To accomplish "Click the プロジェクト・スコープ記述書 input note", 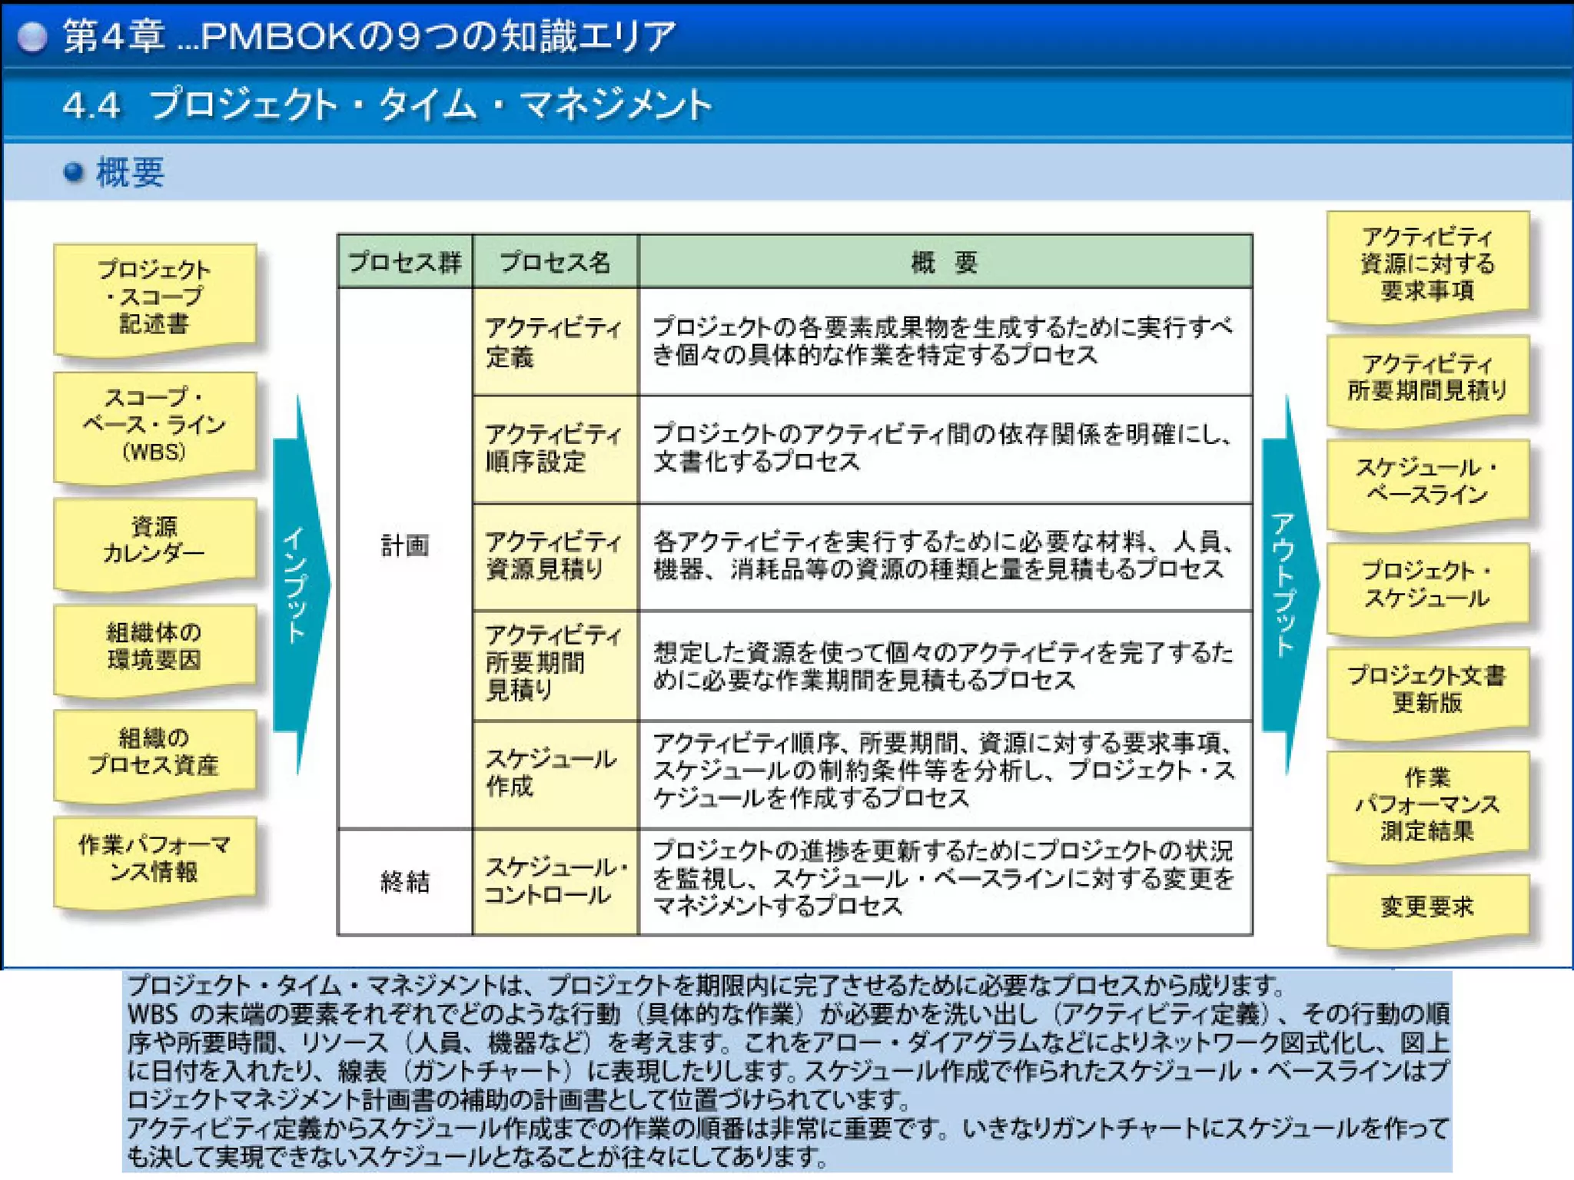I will point(154,297).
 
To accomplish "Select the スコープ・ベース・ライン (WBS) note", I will point(154,425).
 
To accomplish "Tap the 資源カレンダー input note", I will point(154,541).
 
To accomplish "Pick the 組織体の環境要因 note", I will point(154,647).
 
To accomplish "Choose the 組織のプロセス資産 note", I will point(154,753).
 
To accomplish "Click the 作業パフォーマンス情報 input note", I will point(154,859).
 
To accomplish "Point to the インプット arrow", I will point(300,584).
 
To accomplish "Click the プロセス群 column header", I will point(405,263).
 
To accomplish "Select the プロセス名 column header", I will point(555,263).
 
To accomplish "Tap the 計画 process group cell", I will point(405,546).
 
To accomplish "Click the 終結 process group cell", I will point(405,882).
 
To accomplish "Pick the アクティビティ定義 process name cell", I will point(555,343).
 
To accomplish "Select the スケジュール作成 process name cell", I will point(555,774).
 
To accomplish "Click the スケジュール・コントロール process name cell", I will point(555,882).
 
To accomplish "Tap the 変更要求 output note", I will point(1427,907).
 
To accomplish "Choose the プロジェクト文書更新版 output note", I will point(1427,690).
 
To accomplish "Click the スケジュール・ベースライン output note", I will point(1427,482).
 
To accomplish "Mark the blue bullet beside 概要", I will point(74,172).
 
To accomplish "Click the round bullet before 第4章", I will point(32,36).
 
